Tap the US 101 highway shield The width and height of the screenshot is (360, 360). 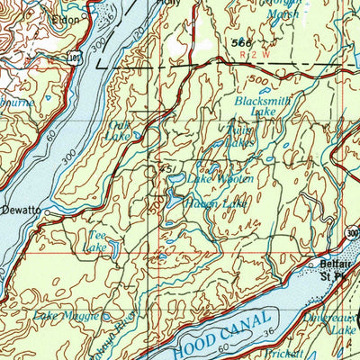point(72,57)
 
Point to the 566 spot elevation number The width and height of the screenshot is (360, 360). point(239,41)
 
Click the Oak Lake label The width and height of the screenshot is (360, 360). point(118,131)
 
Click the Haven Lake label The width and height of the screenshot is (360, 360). point(214,204)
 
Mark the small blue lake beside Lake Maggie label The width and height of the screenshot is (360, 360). point(106,317)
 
